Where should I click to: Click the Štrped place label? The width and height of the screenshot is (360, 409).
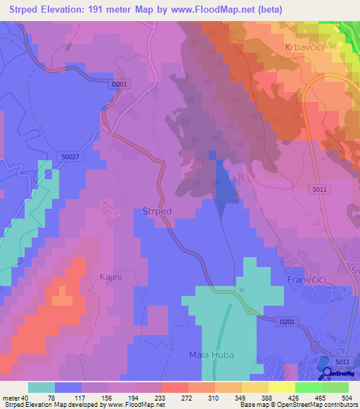tap(157, 211)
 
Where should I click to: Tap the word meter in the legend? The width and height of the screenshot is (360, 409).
tap(11, 397)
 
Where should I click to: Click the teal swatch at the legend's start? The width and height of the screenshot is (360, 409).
tap(41, 387)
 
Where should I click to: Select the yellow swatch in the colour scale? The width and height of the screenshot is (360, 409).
tap(255, 387)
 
